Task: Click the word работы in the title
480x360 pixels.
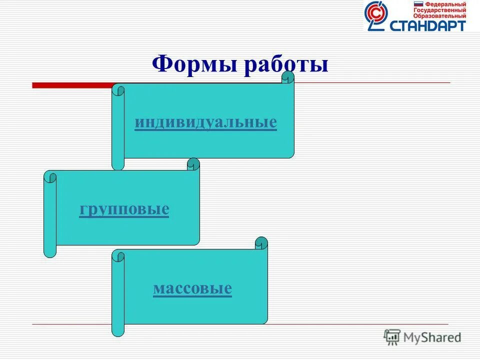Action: pyautogui.click(x=286, y=65)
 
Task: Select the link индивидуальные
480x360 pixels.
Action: pyautogui.click(x=205, y=122)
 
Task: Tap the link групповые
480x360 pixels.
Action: pyautogui.click(x=124, y=209)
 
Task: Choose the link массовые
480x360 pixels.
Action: pyautogui.click(x=192, y=288)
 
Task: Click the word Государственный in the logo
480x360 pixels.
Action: pyautogui.click(x=439, y=10)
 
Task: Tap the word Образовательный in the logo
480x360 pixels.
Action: pyautogui.click(x=439, y=16)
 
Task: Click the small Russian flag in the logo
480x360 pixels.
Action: pyautogui.click(x=418, y=4)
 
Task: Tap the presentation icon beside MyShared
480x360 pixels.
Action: pyautogui.click(x=392, y=337)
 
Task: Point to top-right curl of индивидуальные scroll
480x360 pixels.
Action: pyautogui.click(x=288, y=78)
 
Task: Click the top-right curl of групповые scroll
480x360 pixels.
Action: pyautogui.click(x=193, y=164)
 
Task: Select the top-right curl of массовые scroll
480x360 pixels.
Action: pyautogui.click(x=261, y=243)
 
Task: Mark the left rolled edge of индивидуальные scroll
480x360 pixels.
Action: pyautogui.click(x=117, y=127)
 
